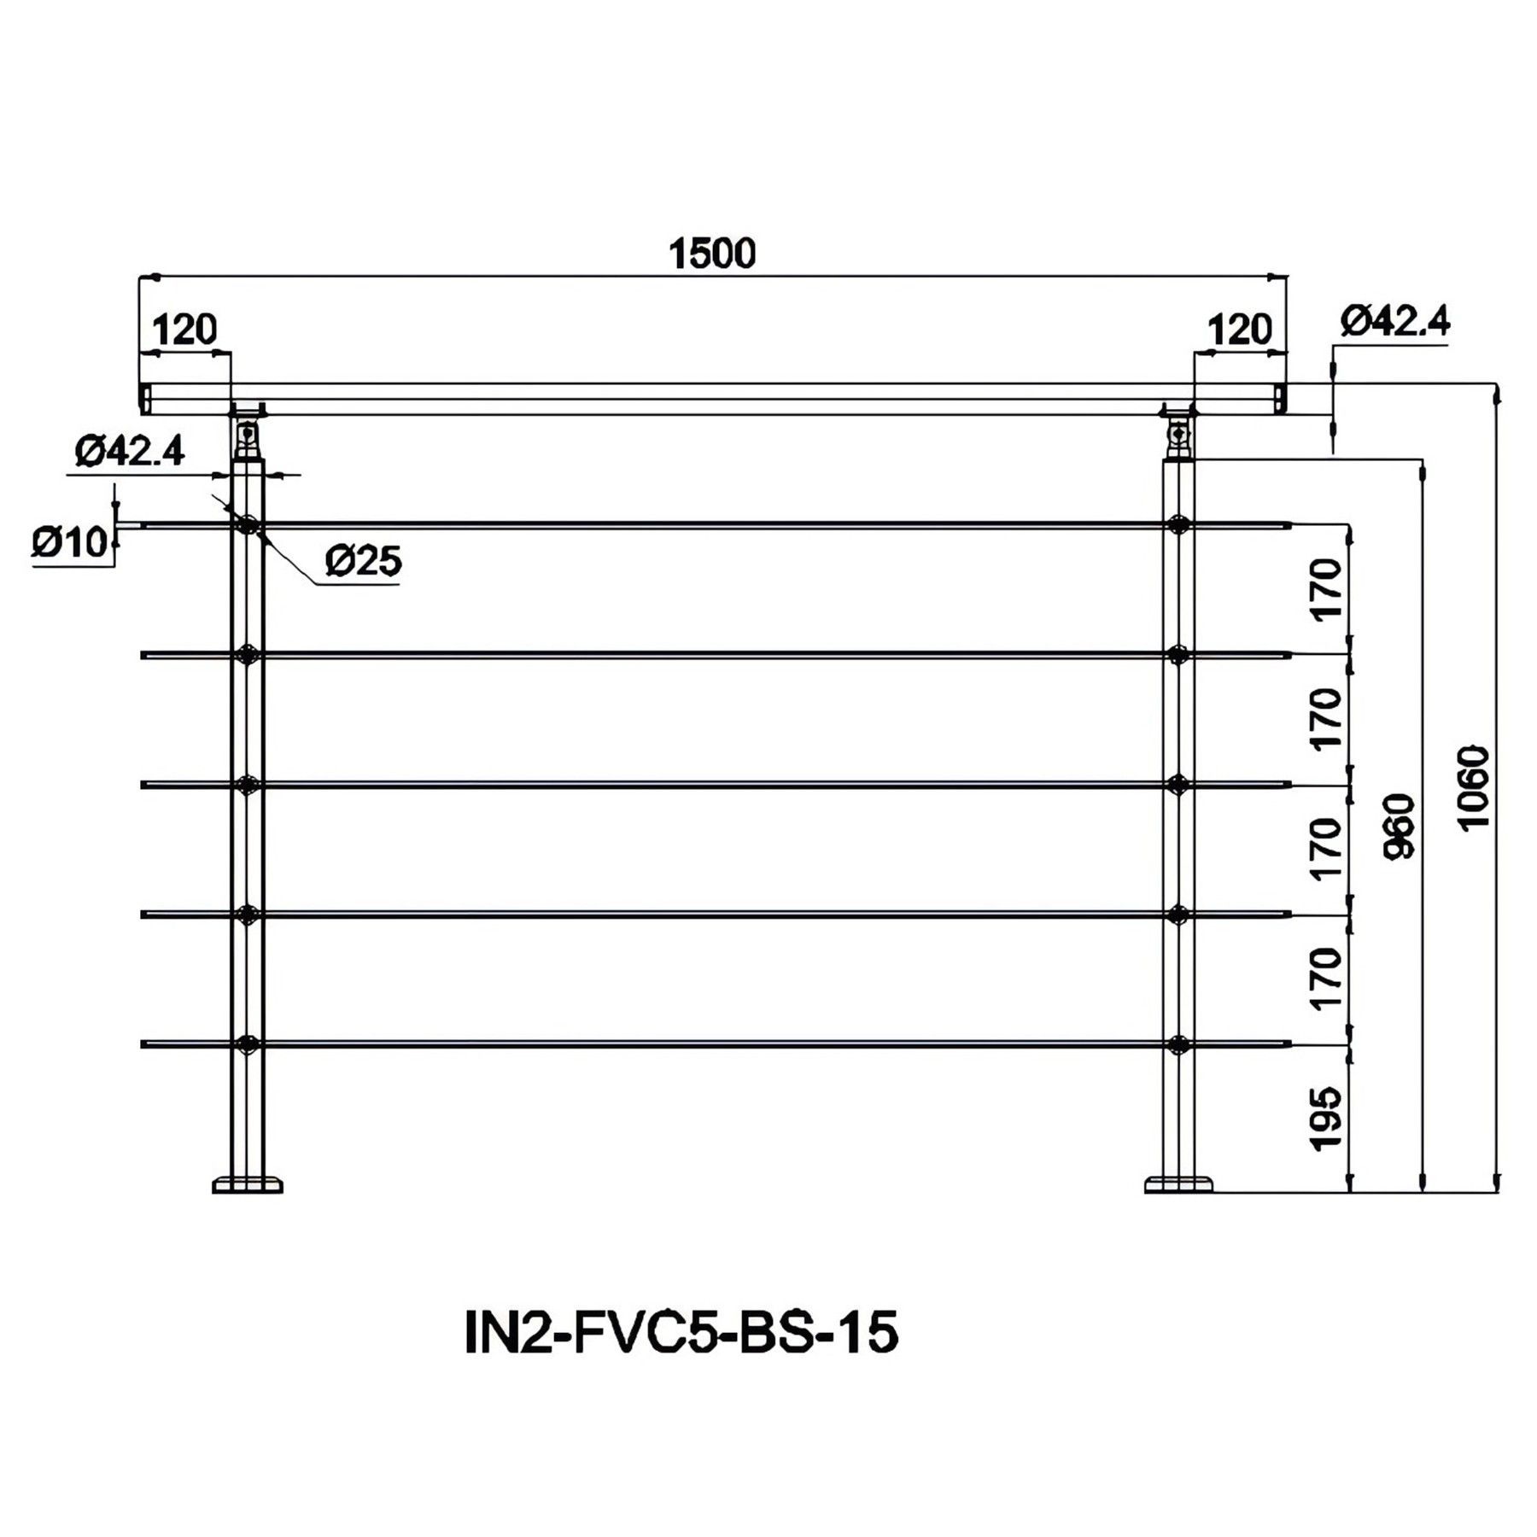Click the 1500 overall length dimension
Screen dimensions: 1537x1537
click(712, 254)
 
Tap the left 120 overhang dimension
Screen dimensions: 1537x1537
click(184, 330)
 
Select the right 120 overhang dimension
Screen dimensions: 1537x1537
click(1240, 330)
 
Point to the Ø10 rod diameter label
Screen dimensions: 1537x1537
click(71, 541)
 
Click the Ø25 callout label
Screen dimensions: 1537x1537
click(363, 561)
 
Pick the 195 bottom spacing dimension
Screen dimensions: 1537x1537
click(1326, 1119)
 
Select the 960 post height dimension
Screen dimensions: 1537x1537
click(1400, 826)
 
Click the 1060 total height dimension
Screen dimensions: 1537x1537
click(1475, 787)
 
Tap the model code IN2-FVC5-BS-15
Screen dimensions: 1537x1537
click(681, 1332)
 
